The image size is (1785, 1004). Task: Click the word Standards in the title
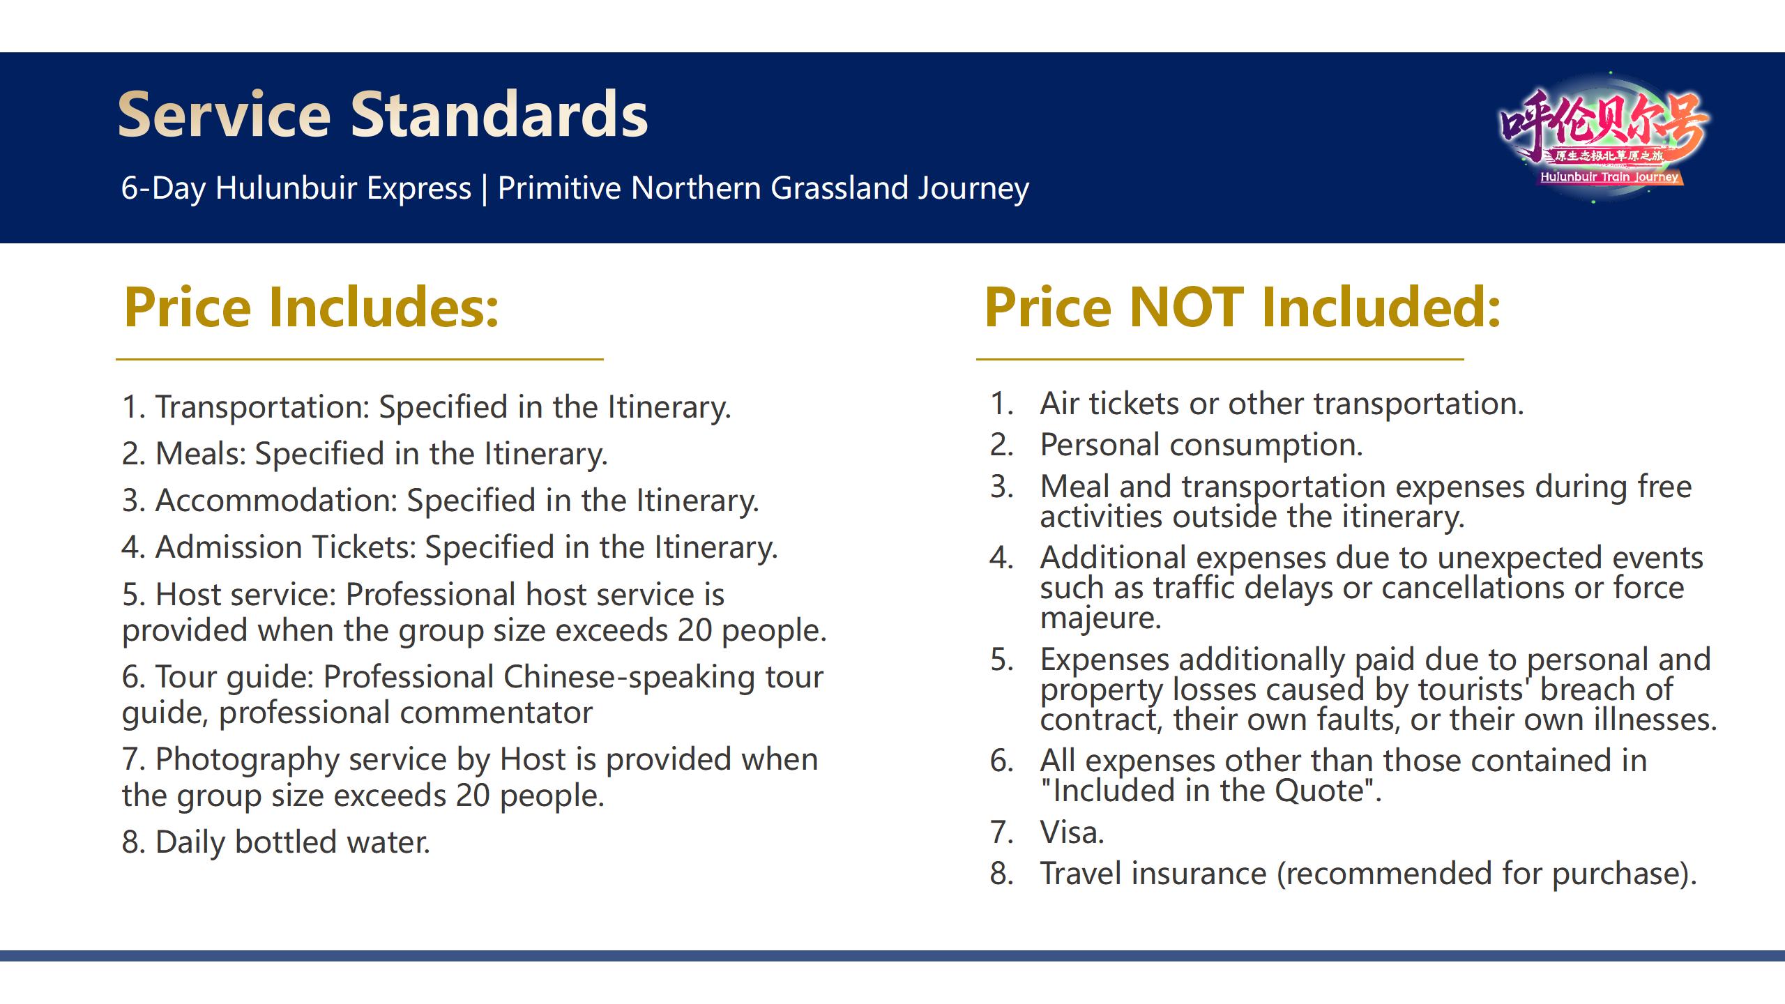tap(499, 114)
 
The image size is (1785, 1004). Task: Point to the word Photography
tap(248, 760)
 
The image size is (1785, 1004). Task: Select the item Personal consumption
tap(1201, 445)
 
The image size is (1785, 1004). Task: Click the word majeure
tap(1100, 618)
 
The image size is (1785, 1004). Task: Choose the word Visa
tap(1072, 832)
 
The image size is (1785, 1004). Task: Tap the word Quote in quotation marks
tap(1319, 791)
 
